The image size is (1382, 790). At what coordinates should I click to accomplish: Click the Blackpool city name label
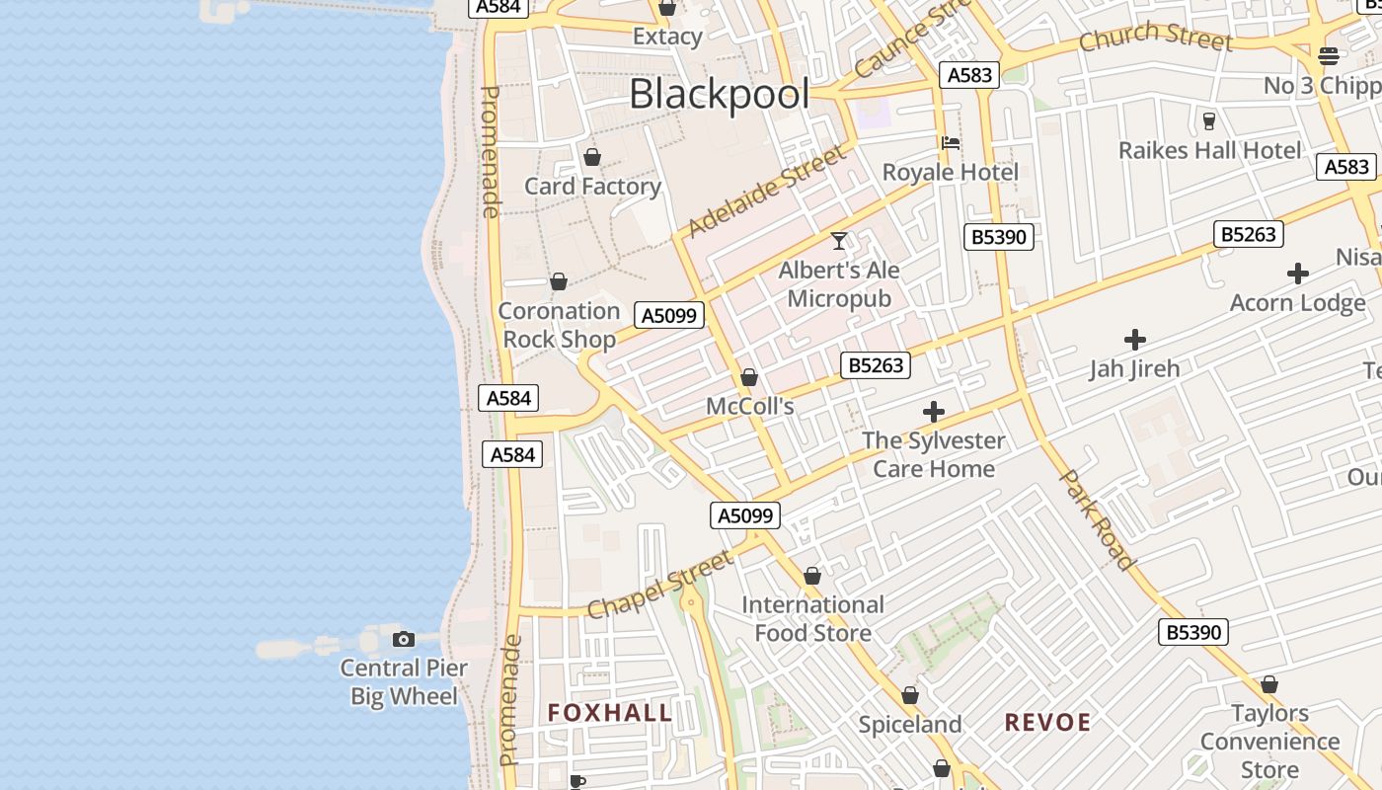(719, 95)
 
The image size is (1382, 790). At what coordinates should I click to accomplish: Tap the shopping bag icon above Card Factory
(592, 157)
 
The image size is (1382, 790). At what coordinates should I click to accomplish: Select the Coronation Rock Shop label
(559, 325)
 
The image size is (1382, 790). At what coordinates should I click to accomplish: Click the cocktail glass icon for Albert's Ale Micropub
(839, 240)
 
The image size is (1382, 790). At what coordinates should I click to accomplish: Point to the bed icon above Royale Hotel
(951, 143)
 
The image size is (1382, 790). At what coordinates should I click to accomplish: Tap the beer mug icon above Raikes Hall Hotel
(1209, 121)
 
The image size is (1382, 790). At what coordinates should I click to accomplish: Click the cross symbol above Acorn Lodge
(1298, 274)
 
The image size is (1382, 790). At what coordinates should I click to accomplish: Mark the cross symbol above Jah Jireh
(1135, 340)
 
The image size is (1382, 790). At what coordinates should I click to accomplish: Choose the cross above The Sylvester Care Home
(933, 412)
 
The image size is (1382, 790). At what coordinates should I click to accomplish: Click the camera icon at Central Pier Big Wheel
(404, 639)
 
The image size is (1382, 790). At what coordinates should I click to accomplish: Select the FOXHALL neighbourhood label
(610, 713)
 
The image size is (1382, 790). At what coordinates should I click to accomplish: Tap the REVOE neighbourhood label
(1047, 722)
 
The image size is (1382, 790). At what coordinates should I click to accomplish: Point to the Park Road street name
(1097, 519)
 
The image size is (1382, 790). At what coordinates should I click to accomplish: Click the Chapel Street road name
(660, 585)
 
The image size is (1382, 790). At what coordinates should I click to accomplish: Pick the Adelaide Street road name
(766, 192)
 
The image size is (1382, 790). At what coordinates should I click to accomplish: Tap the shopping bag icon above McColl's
(749, 377)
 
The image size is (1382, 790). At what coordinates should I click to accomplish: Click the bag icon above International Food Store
(812, 576)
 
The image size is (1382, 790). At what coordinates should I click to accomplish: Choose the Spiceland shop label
(909, 725)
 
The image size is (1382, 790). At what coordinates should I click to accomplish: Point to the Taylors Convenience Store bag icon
(1269, 684)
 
